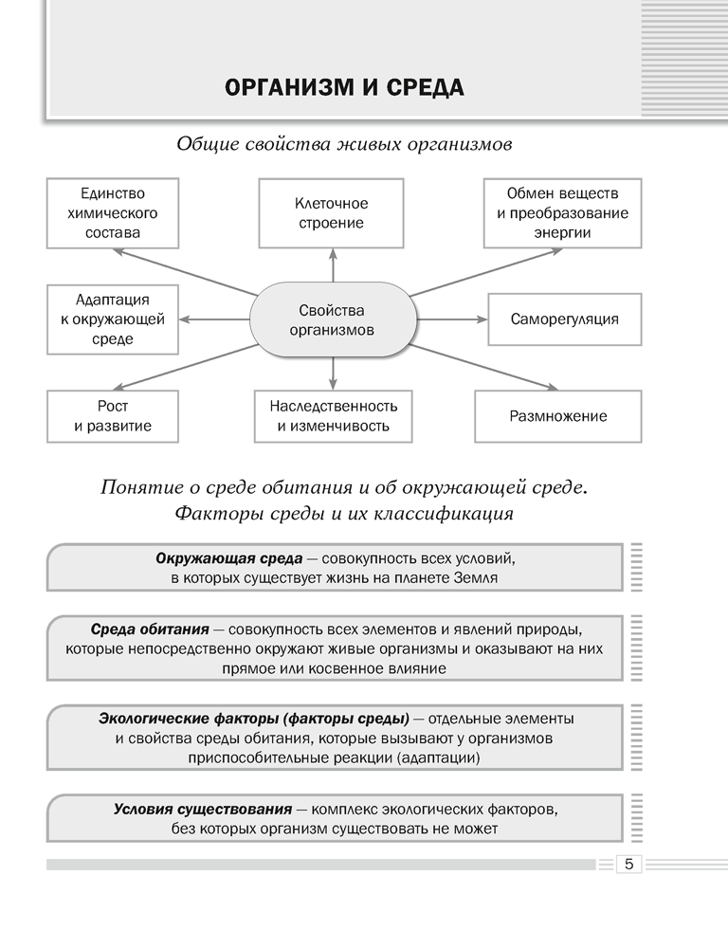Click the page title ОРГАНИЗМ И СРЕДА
point(344,88)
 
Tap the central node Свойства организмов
point(331,320)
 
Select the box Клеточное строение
point(331,213)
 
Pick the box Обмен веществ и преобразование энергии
point(562,212)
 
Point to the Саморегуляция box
point(564,319)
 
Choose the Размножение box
point(558,415)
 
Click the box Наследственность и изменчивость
point(333,415)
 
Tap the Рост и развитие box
point(113,415)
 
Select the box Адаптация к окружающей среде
point(106,319)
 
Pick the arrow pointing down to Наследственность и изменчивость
point(333,372)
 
